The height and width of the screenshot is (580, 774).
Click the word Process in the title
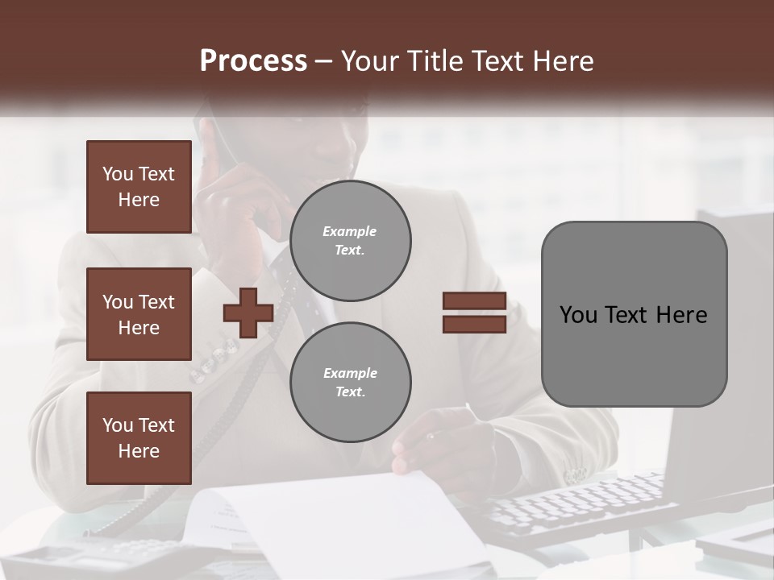[253, 60]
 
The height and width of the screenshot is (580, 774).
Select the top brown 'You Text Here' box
[139, 187]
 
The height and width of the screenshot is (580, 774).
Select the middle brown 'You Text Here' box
[139, 314]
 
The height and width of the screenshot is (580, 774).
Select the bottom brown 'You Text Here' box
[139, 437]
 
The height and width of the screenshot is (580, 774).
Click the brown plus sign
[248, 313]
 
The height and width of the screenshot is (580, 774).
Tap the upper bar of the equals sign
[474, 301]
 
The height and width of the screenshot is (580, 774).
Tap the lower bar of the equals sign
[474, 324]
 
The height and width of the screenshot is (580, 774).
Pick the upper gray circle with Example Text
[350, 241]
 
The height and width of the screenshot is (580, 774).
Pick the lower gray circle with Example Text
[350, 382]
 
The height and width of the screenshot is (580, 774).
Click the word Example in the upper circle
[349, 231]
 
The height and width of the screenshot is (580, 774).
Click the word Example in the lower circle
[350, 373]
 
